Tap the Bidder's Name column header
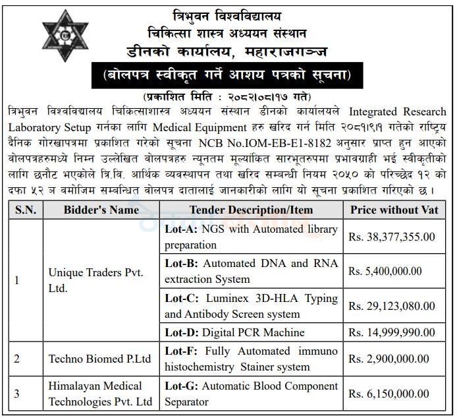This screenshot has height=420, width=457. click(101, 210)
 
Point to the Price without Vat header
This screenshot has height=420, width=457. click(396, 210)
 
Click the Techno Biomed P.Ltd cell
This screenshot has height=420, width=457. click(99, 359)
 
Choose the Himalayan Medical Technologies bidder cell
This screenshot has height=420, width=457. click(100, 394)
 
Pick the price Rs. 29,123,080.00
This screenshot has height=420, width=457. click(391, 306)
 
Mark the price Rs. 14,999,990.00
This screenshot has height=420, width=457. click(391, 332)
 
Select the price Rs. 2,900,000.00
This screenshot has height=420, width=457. click(389, 359)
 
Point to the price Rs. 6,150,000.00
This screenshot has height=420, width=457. click(389, 394)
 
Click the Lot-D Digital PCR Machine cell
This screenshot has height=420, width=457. click(234, 332)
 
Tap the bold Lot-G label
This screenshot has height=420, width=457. click(180, 386)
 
